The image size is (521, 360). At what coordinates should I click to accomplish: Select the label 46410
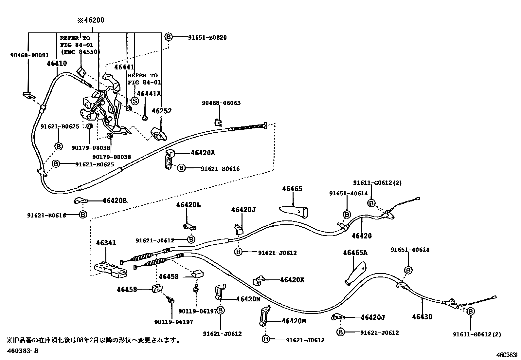[x=57, y=64]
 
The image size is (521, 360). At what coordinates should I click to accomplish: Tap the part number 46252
[x=162, y=111]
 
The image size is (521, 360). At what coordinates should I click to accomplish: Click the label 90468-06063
[x=221, y=103]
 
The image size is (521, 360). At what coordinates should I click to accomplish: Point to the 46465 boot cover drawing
[x=294, y=210]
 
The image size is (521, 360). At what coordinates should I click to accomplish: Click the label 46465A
[x=355, y=252]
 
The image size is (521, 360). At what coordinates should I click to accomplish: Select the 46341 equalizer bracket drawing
[x=110, y=269]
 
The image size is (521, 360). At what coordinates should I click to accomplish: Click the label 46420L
[x=188, y=205]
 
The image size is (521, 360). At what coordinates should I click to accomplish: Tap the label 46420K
[x=292, y=280]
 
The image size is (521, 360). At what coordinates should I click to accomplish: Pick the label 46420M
[x=294, y=321]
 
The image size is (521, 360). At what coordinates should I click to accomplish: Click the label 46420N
[x=248, y=299]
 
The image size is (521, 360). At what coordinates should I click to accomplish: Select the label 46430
[x=422, y=317]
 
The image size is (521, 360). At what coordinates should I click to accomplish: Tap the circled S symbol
[x=135, y=100]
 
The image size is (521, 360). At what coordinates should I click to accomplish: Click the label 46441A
[x=149, y=94]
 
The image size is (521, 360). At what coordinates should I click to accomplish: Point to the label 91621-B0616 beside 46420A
[x=220, y=169]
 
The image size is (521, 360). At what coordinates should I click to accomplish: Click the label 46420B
[x=115, y=200]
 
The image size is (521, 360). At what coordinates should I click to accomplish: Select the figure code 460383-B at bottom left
[x=23, y=351]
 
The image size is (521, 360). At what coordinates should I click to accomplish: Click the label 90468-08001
[x=29, y=55]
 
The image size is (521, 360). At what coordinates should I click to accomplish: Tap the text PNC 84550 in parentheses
[x=80, y=52]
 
